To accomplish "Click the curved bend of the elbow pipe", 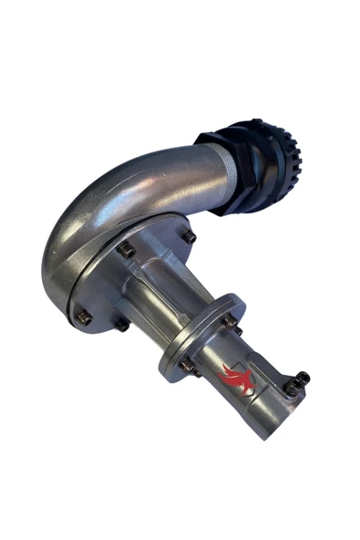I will (x=87, y=219).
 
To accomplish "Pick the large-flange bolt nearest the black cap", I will (x=189, y=238).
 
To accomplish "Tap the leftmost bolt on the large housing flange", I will (x=83, y=317).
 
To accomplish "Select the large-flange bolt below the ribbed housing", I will (x=120, y=322).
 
